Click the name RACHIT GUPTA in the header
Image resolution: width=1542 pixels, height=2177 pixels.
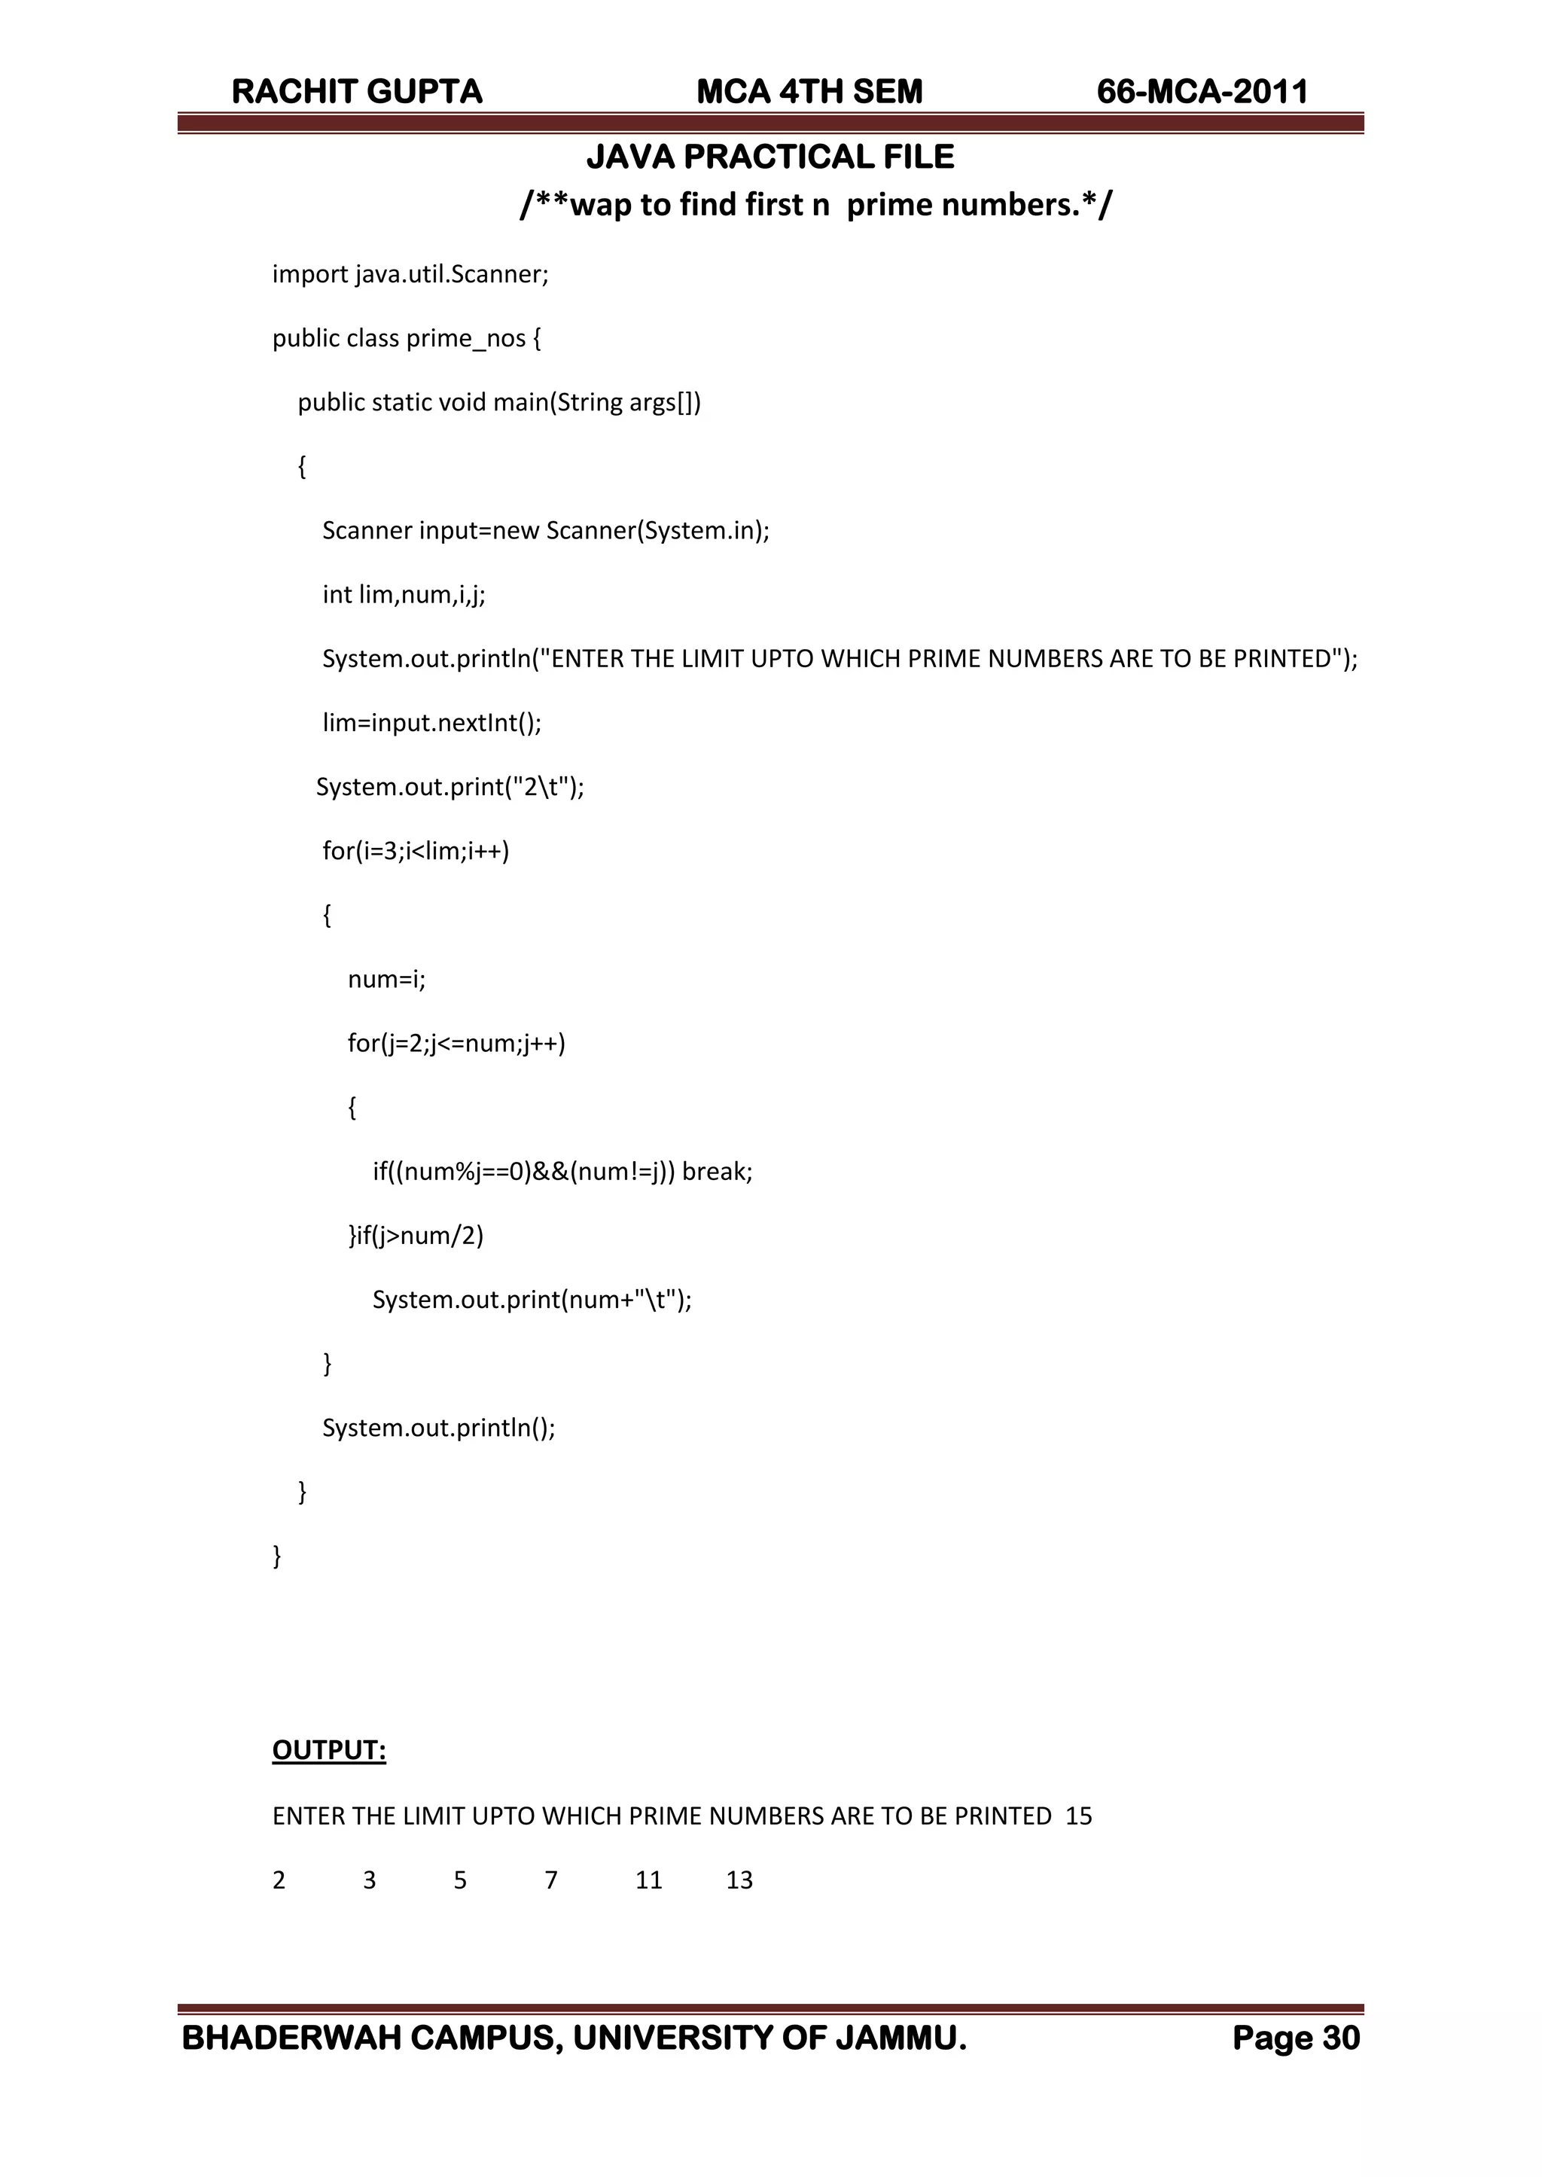click(x=357, y=92)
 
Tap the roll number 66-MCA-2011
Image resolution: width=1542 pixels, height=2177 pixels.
click(x=1202, y=92)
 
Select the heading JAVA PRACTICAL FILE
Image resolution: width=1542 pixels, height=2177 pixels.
click(x=770, y=157)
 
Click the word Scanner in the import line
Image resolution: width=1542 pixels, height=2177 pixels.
click(x=498, y=274)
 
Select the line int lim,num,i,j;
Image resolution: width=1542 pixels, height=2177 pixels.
click(x=404, y=594)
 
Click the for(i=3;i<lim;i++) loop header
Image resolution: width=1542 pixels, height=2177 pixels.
click(x=416, y=851)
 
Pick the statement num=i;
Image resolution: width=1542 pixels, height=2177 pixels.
click(x=386, y=979)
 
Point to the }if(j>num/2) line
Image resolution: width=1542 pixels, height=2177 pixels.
click(x=416, y=1235)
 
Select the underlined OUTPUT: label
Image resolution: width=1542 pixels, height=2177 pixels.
click(x=328, y=1750)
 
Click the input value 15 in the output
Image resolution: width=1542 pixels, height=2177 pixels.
click(x=1079, y=1816)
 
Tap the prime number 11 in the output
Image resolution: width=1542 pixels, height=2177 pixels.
click(x=648, y=1880)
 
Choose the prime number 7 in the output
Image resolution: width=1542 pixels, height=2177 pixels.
click(x=550, y=1880)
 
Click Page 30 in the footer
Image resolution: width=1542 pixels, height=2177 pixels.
click(x=1295, y=2038)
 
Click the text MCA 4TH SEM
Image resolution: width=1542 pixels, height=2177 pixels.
click(x=809, y=92)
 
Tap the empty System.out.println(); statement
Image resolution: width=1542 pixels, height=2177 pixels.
click(x=439, y=1428)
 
